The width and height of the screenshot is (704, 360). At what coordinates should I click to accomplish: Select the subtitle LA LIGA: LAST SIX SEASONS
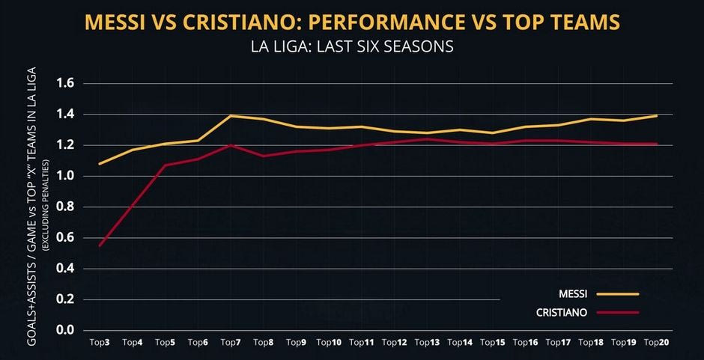click(352, 47)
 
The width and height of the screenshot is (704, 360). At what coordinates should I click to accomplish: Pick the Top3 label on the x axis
click(100, 343)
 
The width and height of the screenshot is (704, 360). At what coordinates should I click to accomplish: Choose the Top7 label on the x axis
click(231, 343)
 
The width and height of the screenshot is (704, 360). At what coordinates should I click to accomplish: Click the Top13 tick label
click(427, 343)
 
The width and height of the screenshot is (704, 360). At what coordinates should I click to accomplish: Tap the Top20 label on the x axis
click(656, 343)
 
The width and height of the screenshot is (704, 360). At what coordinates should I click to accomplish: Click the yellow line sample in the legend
click(619, 294)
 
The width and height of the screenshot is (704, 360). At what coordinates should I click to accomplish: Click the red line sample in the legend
click(619, 311)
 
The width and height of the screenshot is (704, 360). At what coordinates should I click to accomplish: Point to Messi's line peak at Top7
click(231, 115)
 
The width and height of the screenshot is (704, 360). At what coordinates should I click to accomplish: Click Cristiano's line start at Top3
click(100, 245)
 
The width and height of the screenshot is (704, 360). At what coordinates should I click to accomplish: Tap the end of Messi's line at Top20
click(657, 115)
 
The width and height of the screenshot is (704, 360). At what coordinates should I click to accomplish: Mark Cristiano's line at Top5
click(165, 165)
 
